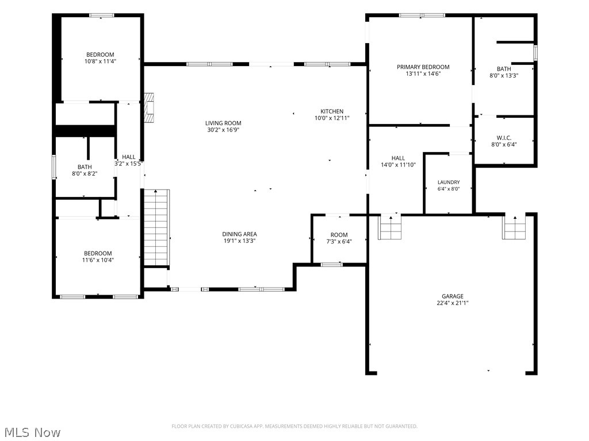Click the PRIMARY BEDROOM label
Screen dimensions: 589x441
(x=423, y=67)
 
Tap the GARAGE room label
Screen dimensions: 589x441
(x=452, y=296)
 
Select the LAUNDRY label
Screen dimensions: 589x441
(x=449, y=182)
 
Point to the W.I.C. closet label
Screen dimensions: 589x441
(x=504, y=138)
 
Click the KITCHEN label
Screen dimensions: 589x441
(x=332, y=111)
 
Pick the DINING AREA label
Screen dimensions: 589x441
(x=239, y=234)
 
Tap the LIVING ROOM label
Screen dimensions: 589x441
(x=223, y=123)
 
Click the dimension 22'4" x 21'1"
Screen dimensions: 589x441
(x=452, y=303)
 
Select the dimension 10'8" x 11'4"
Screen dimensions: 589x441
(x=100, y=61)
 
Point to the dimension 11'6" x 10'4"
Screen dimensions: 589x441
(x=98, y=260)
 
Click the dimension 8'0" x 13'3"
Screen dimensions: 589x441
(x=504, y=75)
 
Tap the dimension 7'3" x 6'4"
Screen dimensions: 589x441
(x=339, y=242)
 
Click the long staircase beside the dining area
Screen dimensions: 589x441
(x=156, y=227)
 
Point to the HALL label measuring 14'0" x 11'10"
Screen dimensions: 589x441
(x=398, y=158)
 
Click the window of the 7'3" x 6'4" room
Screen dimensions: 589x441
(x=332, y=264)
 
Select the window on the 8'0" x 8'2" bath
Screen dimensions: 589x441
(x=54, y=167)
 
